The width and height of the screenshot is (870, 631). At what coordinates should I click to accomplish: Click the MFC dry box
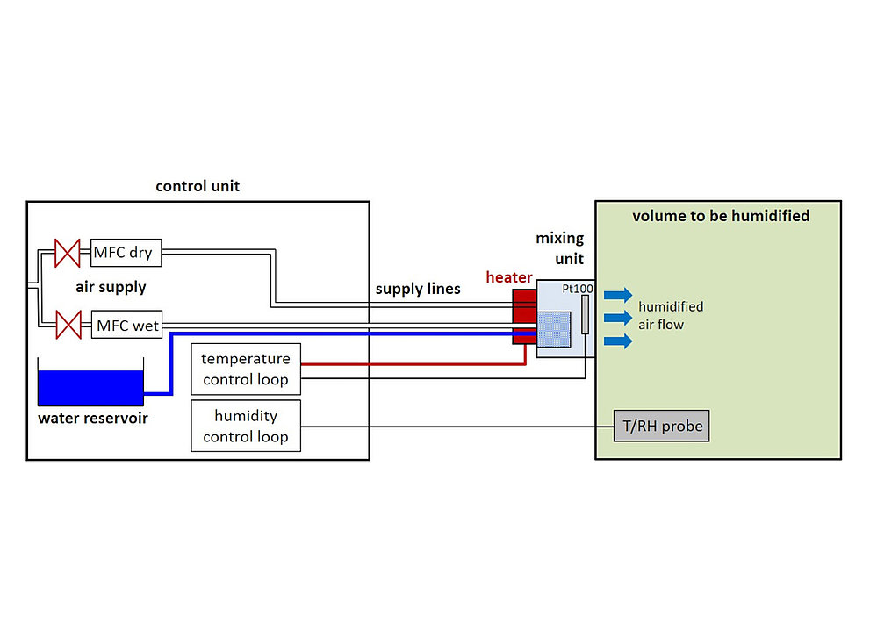coord(126,253)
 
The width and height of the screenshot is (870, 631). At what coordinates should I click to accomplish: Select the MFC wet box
coord(126,325)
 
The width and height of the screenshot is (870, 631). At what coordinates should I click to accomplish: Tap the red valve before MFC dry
coord(67,253)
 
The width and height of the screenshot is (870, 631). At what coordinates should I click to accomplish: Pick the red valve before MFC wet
coord(68,325)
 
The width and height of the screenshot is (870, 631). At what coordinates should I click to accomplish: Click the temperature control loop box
coord(246,369)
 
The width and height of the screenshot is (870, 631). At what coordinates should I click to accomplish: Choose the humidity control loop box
coord(246,426)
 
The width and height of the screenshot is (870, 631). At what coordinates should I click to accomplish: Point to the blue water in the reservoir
coord(90,388)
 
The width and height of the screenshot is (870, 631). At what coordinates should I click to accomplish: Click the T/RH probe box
coord(661,426)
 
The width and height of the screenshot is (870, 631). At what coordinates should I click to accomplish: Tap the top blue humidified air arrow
coord(618,295)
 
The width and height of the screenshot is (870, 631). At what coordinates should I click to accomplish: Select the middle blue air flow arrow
coord(618,319)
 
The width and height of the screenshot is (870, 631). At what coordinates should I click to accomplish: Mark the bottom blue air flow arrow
coord(618,341)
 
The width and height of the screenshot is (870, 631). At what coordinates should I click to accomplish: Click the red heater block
coord(524,317)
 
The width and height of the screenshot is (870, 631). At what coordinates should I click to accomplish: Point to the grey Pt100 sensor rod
coord(585,314)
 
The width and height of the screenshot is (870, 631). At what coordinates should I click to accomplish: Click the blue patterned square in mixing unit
coord(554,329)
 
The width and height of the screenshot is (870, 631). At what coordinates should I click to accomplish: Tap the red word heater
coord(509,277)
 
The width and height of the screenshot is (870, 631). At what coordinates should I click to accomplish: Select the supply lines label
coord(418,289)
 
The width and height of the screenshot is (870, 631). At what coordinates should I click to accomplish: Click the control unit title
coord(198,186)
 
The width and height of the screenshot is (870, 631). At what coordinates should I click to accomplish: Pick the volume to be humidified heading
coord(721,216)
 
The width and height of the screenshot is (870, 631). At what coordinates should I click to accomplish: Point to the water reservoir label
coord(93,418)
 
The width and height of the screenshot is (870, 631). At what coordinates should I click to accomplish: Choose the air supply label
coord(111,287)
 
